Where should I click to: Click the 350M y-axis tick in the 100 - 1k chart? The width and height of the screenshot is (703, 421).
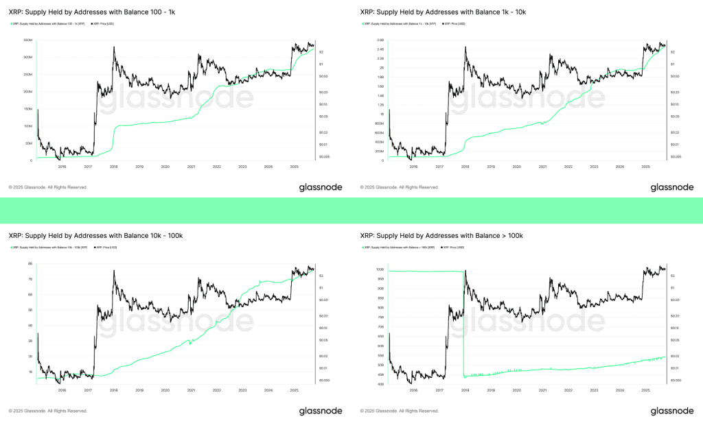click(29, 40)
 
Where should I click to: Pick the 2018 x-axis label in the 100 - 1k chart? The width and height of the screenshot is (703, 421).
click(113, 167)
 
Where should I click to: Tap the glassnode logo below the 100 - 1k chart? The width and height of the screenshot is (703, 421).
click(325, 187)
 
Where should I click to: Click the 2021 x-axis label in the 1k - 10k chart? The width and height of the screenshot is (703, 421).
click(542, 167)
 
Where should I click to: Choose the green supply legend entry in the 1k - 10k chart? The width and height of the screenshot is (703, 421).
click(398, 24)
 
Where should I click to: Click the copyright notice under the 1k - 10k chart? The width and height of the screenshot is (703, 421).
click(399, 187)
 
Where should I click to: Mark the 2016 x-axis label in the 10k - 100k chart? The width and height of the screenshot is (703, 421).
click(62, 390)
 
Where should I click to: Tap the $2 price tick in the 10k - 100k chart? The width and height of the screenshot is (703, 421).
click(322, 276)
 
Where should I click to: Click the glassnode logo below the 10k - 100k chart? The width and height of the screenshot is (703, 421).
click(325, 411)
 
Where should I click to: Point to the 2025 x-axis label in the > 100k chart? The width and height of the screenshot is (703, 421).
click(645, 390)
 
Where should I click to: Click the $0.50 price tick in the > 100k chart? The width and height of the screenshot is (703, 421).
click(675, 300)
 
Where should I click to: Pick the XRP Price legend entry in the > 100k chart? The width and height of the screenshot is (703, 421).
click(453, 248)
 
